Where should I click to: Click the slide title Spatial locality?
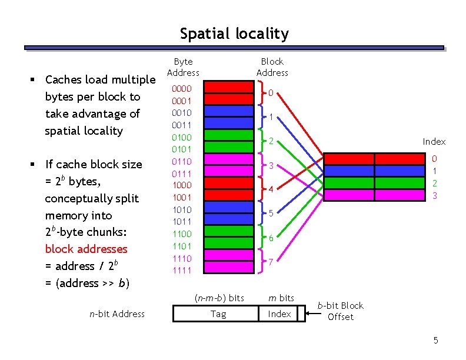click(234, 34)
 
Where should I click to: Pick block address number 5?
click(271, 214)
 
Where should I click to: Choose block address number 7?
click(271, 262)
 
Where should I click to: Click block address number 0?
click(271, 92)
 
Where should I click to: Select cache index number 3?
click(435, 195)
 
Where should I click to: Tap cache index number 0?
click(435, 159)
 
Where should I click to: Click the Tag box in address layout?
click(218, 314)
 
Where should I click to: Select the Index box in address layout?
click(279, 314)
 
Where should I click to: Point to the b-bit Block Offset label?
click(341, 311)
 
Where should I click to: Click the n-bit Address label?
click(117, 314)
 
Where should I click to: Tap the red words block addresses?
click(86, 249)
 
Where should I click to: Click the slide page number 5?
click(435, 341)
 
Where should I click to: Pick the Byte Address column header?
click(183, 67)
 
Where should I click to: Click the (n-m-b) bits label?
click(219, 298)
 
